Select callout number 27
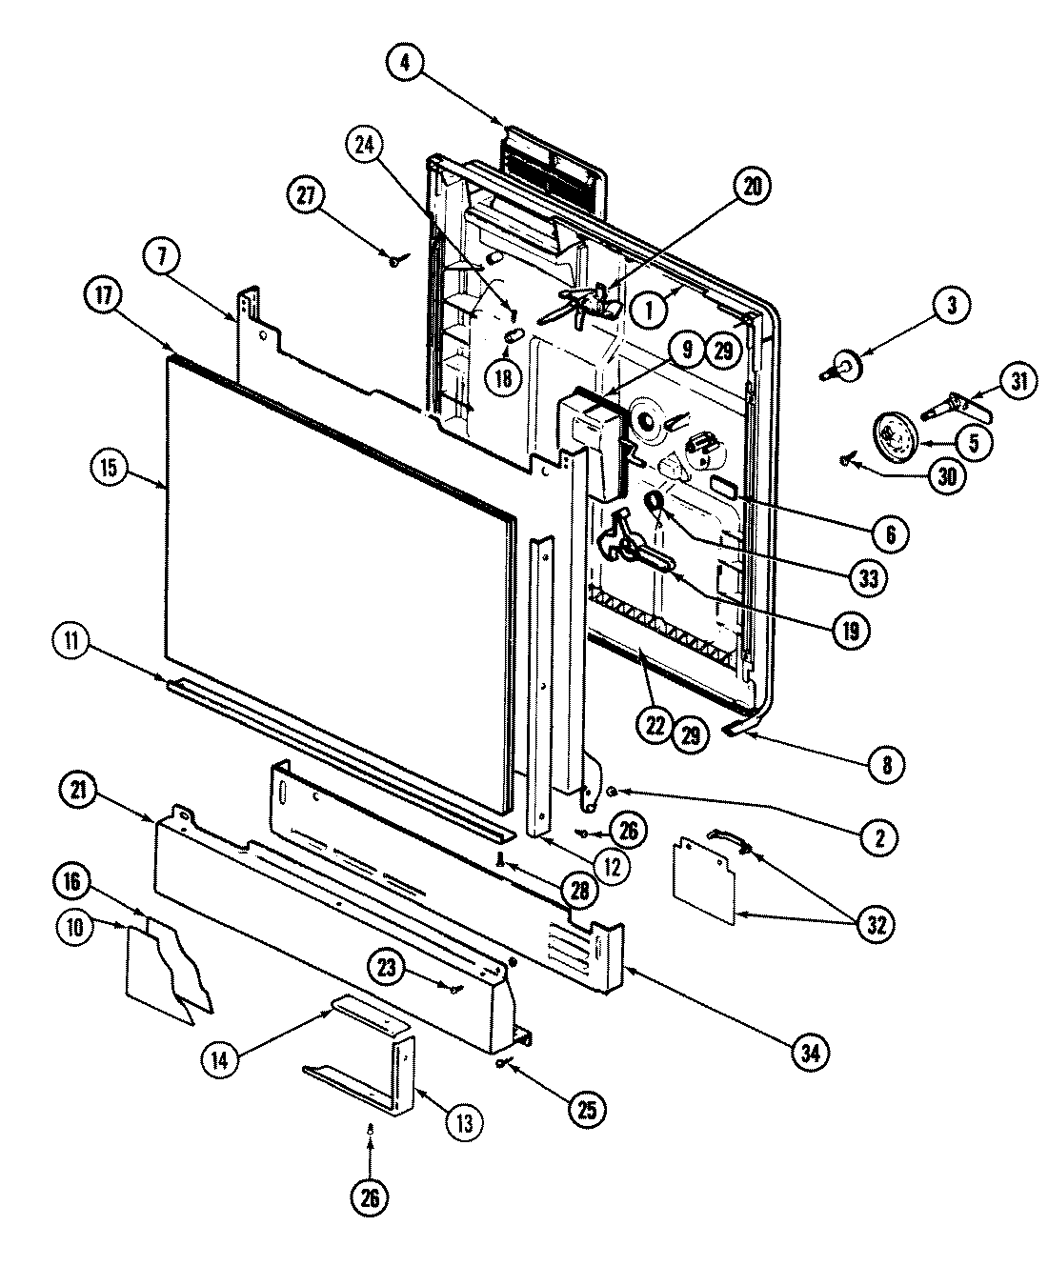(305, 197)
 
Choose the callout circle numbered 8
(887, 764)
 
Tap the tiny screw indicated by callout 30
(845, 461)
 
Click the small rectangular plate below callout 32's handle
(706, 880)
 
